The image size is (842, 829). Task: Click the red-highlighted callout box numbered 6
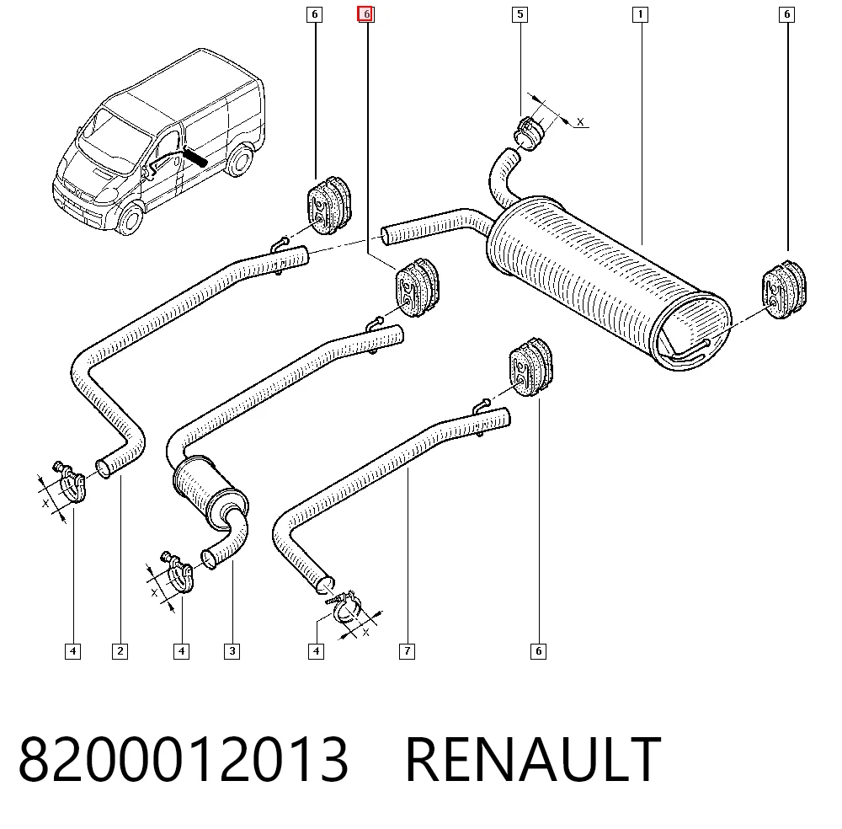tap(366, 14)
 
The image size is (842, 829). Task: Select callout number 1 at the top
tap(640, 14)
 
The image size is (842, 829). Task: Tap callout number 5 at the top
tap(520, 14)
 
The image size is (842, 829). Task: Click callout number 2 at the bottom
tap(120, 651)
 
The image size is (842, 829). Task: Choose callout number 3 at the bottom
tap(232, 651)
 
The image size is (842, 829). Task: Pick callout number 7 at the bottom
tap(407, 651)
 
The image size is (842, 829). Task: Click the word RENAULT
tap(533, 759)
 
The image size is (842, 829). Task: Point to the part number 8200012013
tap(184, 759)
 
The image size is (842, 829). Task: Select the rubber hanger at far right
tap(785, 289)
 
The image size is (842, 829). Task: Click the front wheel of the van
tap(130, 217)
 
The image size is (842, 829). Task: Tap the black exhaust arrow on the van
tap(195, 158)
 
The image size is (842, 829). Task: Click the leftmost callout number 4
tap(73, 651)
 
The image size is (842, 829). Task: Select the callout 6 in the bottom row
tap(538, 651)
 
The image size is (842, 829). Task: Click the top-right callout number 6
tap(786, 14)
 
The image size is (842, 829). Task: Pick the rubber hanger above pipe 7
tap(530, 367)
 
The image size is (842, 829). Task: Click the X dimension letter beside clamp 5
tap(580, 122)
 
